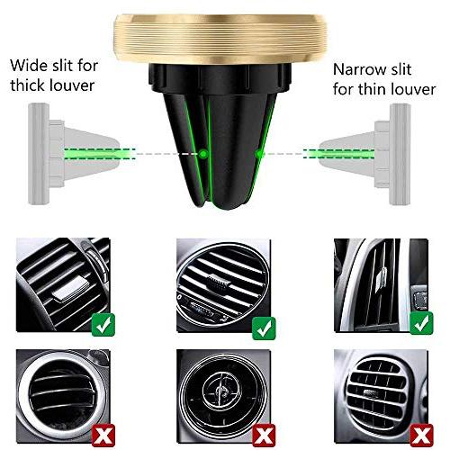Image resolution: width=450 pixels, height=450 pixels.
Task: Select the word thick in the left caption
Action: pyautogui.click(x=28, y=85)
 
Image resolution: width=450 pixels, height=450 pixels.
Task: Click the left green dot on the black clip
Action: pyautogui.click(x=203, y=154)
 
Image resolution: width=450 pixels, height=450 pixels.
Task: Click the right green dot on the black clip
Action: pyautogui.click(x=258, y=154)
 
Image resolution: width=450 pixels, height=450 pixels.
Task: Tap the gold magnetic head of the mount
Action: pyautogui.click(x=220, y=39)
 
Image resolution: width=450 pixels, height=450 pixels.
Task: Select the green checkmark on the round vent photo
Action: pyautogui.click(x=264, y=328)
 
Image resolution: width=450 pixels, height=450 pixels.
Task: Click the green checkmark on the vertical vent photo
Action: pyautogui.click(x=421, y=323)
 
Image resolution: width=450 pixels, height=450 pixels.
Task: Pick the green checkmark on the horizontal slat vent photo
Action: pyautogui.click(x=103, y=325)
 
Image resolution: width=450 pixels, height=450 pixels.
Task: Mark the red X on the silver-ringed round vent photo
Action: pyautogui.click(x=103, y=436)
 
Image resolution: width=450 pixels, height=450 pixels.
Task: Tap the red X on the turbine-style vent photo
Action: pyautogui.click(x=264, y=436)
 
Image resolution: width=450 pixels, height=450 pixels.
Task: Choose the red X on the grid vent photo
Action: pyautogui.click(x=421, y=436)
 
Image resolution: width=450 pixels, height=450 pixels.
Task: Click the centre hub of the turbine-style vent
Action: pyautogui.click(x=221, y=390)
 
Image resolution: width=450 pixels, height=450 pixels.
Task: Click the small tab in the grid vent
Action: pyautogui.click(x=372, y=392)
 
